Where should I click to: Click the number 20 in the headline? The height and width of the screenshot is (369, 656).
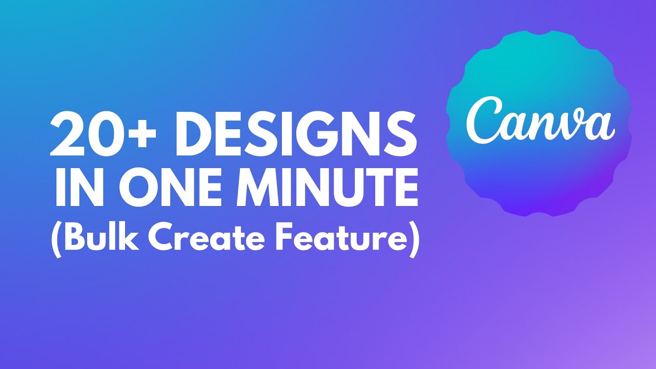coord(87,134)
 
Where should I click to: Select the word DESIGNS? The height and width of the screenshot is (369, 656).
coord(296,134)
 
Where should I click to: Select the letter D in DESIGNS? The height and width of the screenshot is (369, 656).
coord(194,134)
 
